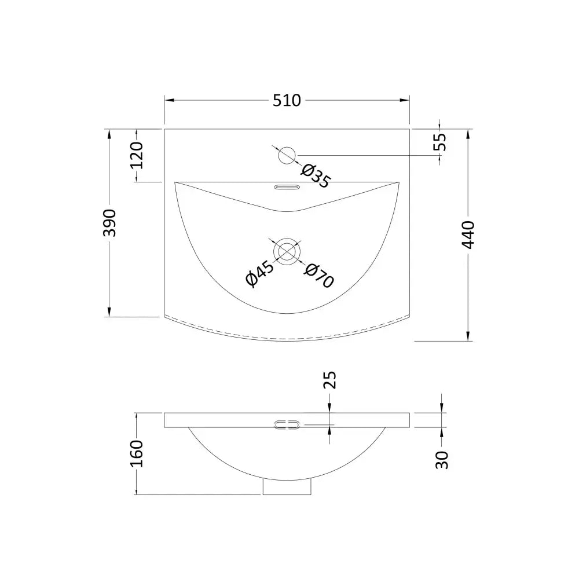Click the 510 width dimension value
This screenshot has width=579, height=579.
pyautogui.click(x=287, y=100)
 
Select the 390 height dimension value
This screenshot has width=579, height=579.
pyautogui.click(x=109, y=223)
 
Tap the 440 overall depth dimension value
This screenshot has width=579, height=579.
pyautogui.click(x=468, y=235)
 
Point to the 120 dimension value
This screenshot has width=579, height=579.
pyautogui.click(x=137, y=155)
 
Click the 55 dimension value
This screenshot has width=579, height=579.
pyautogui.click(x=440, y=142)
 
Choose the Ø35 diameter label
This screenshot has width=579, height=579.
pyautogui.click(x=315, y=176)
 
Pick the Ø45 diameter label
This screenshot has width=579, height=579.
pyautogui.click(x=260, y=273)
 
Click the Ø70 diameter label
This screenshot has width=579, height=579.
pyautogui.click(x=319, y=276)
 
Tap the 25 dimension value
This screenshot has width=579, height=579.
pyautogui.click(x=330, y=380)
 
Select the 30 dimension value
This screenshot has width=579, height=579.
pyautogui.click(x=442, y=460)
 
